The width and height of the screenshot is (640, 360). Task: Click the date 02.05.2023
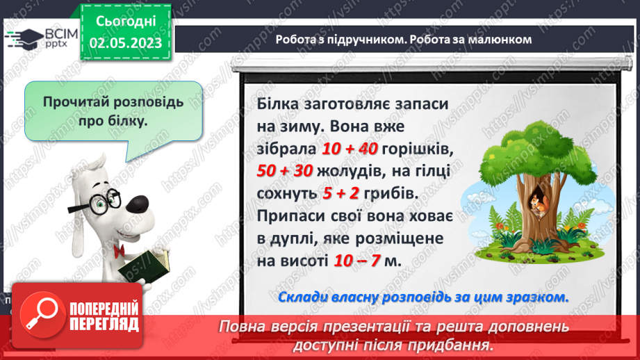[x=125, y=43]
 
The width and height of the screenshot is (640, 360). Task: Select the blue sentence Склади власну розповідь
[x=422, y=297]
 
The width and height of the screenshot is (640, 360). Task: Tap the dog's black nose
[x=140, y=202]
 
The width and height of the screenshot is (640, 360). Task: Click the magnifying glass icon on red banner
[x=38, y=314]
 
